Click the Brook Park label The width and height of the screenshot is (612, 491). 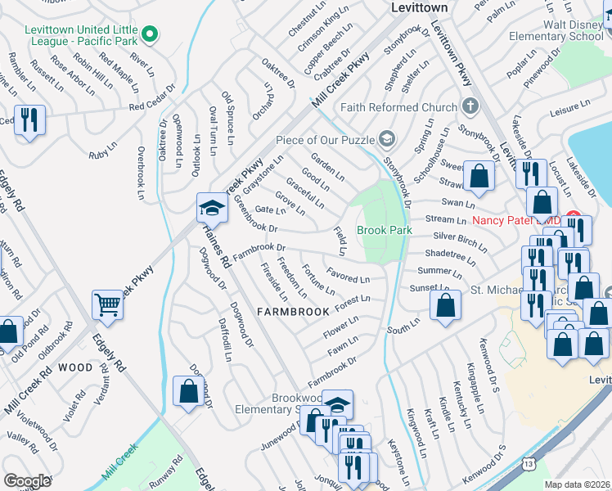coord(384,231)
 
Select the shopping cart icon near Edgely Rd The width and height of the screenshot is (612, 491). coord(108,304)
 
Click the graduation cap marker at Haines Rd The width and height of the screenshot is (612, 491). coord(211,208)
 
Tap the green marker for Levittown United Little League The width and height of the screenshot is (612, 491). coord(149,34)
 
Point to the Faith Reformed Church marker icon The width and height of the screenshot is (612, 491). coord(470,107)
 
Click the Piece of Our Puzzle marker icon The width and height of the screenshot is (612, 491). coord(387,138)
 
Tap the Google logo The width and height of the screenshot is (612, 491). coord(27,481)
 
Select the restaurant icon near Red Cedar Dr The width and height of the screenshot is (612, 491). coord(29,120)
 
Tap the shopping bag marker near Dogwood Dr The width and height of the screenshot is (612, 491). coord(188,390)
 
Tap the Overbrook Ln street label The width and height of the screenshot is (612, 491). coord(141,173)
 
